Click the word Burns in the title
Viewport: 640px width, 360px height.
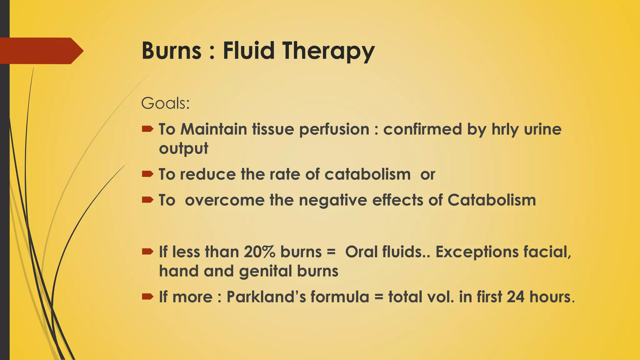tap(172, 51)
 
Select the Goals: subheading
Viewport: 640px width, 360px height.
tap(165, 103)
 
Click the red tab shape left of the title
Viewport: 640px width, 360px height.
tap(41, 51)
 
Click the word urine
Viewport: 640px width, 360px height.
tap(542, 129)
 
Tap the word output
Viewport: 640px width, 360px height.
tap(183, 148)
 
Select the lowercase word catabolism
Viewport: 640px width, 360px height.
tap(367, 174)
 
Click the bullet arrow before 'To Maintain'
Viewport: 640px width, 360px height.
tap(147, 129)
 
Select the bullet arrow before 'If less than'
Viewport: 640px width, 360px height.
tap(147, 251)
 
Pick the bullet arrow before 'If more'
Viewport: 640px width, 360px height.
tap(147, 296)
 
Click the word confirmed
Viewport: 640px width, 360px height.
tap(422, 129)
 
